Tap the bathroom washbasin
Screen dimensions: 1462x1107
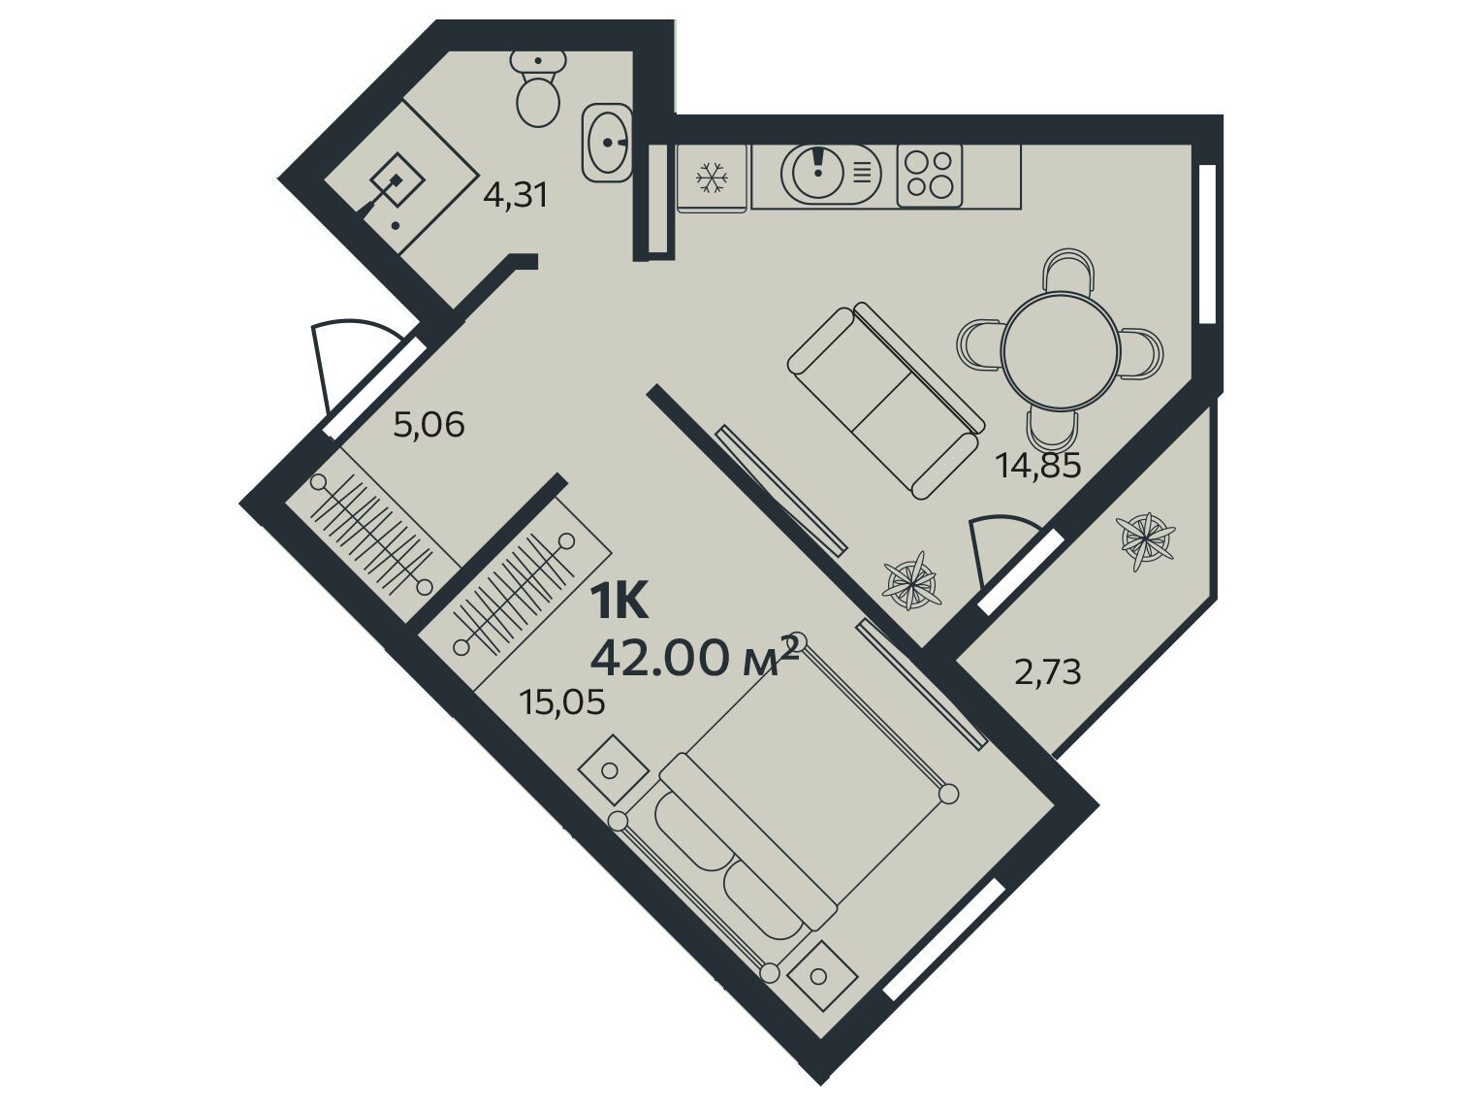click(607, 142)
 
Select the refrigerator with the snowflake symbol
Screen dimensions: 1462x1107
click(712, 178)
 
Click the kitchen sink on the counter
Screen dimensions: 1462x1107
click(831, 174)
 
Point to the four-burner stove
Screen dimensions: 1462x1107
click(929, 176)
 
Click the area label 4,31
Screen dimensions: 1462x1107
click(516, 196)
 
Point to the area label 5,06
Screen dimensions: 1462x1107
click(429, 425)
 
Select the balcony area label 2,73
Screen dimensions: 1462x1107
click(1048, 672)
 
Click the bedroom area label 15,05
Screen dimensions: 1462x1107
click(563, 702)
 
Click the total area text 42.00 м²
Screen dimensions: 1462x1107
click(694, 656)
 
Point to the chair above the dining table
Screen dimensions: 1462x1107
click(1068, 272)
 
